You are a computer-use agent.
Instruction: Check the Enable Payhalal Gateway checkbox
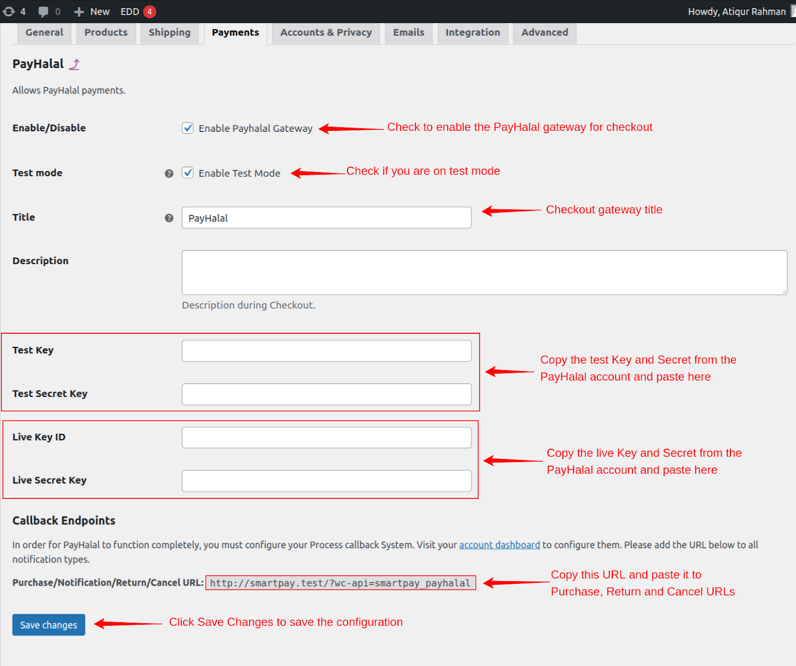(x=188, y=128)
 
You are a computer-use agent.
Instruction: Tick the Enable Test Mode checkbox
(x=188, y=173)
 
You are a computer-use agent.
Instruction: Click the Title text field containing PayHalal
(x=326, y=218)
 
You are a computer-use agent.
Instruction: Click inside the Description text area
(x=485, y=273)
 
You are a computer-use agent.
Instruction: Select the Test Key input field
(x=326, y=351)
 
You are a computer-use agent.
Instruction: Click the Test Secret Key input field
(x=326, y=394)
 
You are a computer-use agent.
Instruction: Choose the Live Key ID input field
(x=326, y=438)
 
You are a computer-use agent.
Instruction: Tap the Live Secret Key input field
(x=326, y=481)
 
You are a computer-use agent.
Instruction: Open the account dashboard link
(x=499, y=545)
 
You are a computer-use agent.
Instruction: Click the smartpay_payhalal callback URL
(x=340, y=583)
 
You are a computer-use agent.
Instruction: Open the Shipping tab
(x=170, y=33)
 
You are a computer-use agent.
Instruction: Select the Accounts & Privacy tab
(x=326, y=33)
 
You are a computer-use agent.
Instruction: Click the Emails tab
(x=409, y=33)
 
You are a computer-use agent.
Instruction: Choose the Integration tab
(x=473, y=33)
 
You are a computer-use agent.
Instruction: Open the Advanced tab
(x=545, y=33)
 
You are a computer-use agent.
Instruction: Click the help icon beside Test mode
(x=169, y=174)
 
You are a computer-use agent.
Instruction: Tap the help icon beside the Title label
(x=169, y=218)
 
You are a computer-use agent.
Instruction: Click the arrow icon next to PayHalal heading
(x=74, y=64)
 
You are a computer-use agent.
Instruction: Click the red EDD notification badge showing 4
(x=149, y=11)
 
